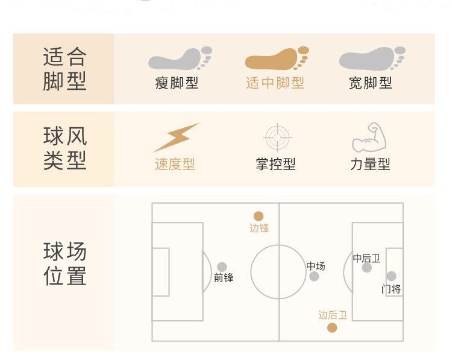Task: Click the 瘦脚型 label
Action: (177, 83)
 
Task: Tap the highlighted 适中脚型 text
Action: (275, 83)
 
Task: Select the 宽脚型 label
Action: (370, 83)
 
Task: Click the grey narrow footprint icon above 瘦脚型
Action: (179, 59)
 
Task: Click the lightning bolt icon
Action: (176, 137)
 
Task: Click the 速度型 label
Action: (175, 164)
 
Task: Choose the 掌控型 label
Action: (275, 164)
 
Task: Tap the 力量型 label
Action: (370, 164)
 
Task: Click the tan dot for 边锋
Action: (259, 216)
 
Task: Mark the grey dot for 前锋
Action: (222, 267)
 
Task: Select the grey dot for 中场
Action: (314, 276)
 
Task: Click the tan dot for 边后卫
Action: (331, 327)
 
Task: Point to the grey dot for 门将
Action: (391, 276)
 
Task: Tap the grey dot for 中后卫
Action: (367, 268)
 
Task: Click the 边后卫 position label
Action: (333, 315)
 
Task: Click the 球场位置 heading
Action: (65, 264)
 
